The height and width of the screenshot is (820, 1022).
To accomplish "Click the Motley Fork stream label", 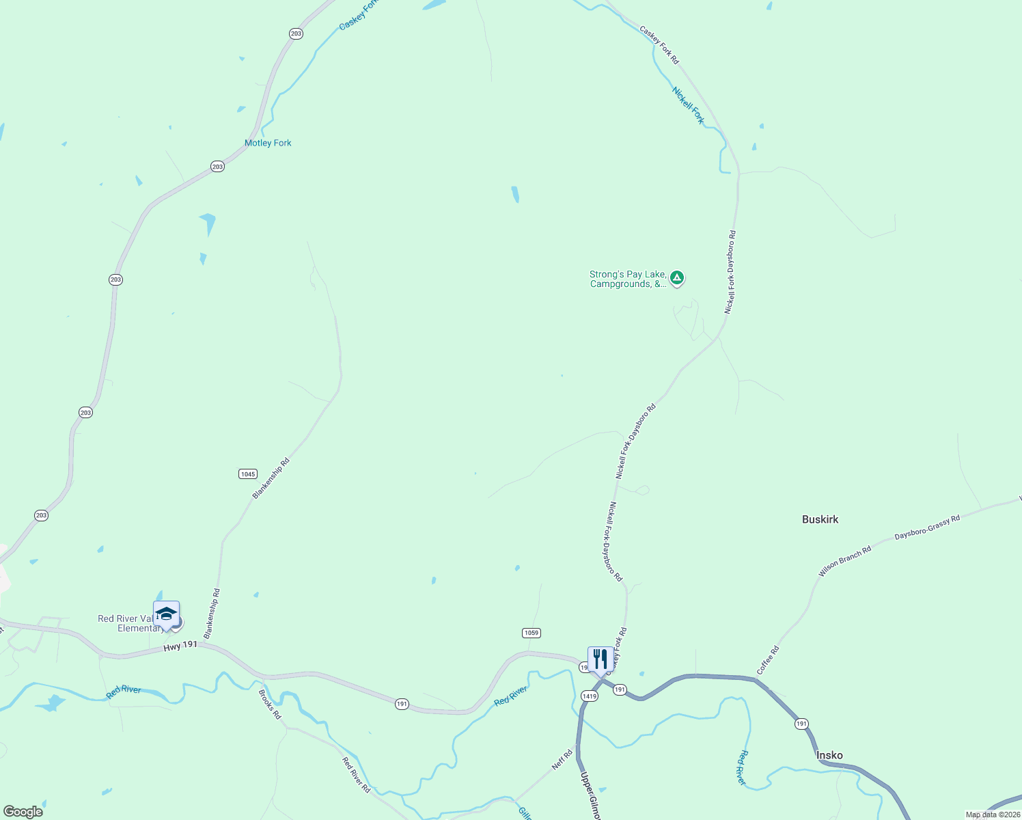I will click(x=268, y=143).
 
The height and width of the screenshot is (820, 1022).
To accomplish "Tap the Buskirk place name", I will click(x=820, y=519).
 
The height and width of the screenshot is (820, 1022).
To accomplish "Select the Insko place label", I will click(x=829, y=755).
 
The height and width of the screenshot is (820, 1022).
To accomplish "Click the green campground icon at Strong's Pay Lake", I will click(x=676, y=277).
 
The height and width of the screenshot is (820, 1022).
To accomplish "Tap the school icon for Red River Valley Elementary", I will click(x=166, y=614).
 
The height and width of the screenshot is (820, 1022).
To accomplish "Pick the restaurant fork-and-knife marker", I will click(x=600, y=659).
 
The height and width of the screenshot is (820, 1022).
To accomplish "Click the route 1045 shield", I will click(x=247, y=474).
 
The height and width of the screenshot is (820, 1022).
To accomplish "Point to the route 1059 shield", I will click(x=531, y=633).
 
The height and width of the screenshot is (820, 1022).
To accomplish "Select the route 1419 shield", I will click(x=590, y=696).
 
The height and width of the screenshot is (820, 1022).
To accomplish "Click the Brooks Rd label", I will click(x=270, y=704).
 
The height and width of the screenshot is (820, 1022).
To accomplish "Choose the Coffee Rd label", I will click(x=767, y=660).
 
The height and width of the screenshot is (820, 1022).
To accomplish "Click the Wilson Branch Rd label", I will click(x=845, y=560).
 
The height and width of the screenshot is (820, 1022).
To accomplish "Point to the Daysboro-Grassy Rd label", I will click(x=927, y=528).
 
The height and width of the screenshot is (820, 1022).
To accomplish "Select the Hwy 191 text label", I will click(x=180, y=645).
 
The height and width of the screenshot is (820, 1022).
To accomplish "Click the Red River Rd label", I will click(x=356, y=775).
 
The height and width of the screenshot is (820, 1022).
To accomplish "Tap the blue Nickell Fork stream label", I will click(x=688, y=105).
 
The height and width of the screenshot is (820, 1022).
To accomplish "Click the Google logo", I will click(x=23, y=812).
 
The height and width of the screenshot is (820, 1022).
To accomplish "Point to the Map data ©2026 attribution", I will click(x=992, y=815).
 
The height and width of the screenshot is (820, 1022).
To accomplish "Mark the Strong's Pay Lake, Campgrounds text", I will click(x=627, y=279).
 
